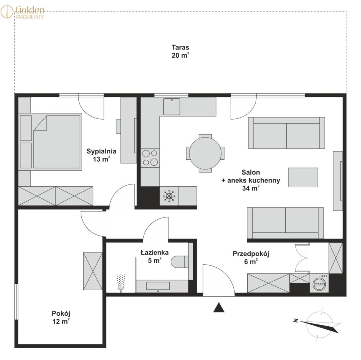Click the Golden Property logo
23,12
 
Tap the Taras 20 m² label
180,51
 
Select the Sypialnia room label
101,151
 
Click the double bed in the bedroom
57,142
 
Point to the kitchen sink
171,106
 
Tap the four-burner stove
150,157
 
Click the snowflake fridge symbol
169,196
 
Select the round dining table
205,153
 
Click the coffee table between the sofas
303,177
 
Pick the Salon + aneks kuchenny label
251,180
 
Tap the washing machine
319,283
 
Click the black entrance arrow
219,307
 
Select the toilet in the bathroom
180,261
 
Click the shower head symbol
121,283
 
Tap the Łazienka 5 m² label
155,256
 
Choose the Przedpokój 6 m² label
251,258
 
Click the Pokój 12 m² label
61,317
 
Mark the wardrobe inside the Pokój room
93,271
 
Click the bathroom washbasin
158,286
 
